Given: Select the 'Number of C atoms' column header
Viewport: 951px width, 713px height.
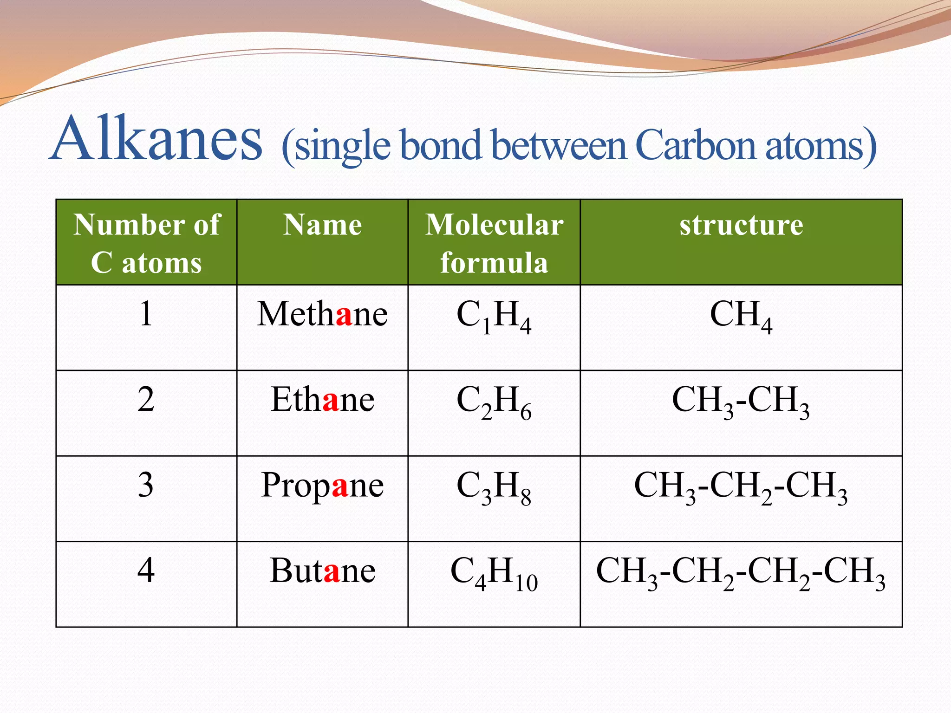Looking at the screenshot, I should pyautogui.click(x=146, y=243).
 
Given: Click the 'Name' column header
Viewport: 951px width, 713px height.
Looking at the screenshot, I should pyautogui.click(x=322, y=226).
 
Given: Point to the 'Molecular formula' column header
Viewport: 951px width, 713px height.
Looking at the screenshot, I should pyautogui.click(x=494, y=243).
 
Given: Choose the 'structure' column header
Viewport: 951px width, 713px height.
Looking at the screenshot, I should pyautogui.click(x=741, y=226).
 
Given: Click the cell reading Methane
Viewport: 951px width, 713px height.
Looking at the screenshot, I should pyautogui.click(x=322, y=314).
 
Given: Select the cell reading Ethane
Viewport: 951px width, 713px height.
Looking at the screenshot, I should pyautogui.click(x=322, y=400).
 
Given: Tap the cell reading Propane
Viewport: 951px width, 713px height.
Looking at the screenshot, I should pyautogui.click(x=322, y=485).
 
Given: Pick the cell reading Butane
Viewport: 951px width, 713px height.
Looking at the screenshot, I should pyautogui.click(x=322, y=570).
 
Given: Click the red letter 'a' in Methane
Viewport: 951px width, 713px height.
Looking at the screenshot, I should pyautogui.click(x=344, y=316).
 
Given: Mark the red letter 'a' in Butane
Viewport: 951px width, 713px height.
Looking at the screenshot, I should pyautogui.click(x=332, y=572).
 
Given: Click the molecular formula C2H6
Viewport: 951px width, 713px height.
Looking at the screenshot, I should pyautogui.click(x=494, y=402).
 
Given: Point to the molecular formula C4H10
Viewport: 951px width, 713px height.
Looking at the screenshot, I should pyautogui.click(x=494, y=572).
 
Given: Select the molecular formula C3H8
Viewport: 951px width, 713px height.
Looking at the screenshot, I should pyautogui.click(x=494, y=487).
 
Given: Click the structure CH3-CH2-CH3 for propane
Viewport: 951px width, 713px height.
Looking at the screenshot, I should pyautogui.click(x=741, y=486).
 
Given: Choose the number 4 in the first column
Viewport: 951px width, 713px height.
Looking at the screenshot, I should pyautogui.click(x=146, y=570).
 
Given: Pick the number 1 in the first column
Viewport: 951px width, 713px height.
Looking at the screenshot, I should pyautogui.click(x=146, y=314).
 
